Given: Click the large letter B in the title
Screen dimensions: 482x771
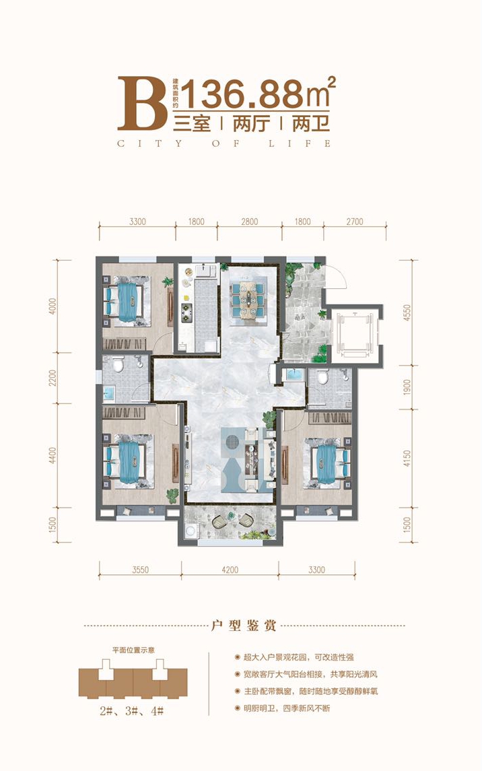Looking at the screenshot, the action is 142,103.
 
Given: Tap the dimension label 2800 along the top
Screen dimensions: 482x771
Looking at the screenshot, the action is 250,222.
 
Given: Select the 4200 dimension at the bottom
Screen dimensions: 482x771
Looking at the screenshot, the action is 230,570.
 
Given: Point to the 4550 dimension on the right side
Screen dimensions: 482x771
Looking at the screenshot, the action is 407,312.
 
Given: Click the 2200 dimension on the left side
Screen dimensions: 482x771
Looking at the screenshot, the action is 53,378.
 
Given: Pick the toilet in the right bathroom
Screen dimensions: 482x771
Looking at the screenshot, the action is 322,377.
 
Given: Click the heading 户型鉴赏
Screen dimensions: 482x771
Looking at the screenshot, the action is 244,626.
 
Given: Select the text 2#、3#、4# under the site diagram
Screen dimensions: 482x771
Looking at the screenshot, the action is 132,711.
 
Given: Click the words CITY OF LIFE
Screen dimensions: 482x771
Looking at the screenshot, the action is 224,143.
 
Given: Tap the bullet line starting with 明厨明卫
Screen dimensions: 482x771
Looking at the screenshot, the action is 287,708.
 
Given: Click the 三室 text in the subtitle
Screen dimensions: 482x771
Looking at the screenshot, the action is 193,123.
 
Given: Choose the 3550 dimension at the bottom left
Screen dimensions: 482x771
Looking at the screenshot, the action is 141,570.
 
